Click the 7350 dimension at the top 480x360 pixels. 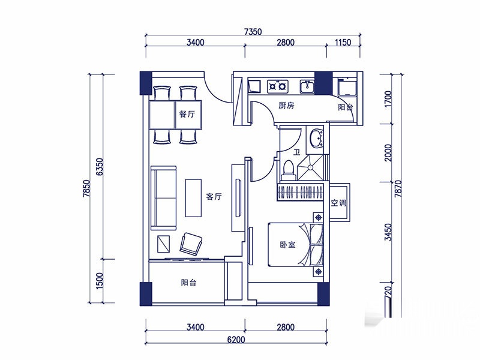(x=253, y=32)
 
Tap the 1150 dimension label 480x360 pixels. (x=343, y=42)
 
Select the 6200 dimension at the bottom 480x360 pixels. (x=236, y=340)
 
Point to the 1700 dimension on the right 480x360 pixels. (x=388, y=99)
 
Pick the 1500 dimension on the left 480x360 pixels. (x=100, y=281)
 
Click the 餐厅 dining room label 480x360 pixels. (x=187, y=114)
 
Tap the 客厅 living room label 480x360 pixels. (x=214, y=196)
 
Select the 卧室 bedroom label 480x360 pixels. (x=287, y=245)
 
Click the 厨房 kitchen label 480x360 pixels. (x=286, y=106)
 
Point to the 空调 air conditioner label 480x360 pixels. (x=338, y=203)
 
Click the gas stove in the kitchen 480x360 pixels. (x=278, y=86)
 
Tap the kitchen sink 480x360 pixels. (x=307, y=86)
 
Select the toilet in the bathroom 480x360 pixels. (x=289, y=170)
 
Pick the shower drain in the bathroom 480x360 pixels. (x=310, y=167)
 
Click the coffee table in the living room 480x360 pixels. (x=193, y=198)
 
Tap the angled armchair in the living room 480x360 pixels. (x=191, y=244)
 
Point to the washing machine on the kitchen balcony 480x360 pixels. (x=347, y=88)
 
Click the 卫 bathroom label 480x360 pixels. (x=296, y=152)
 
